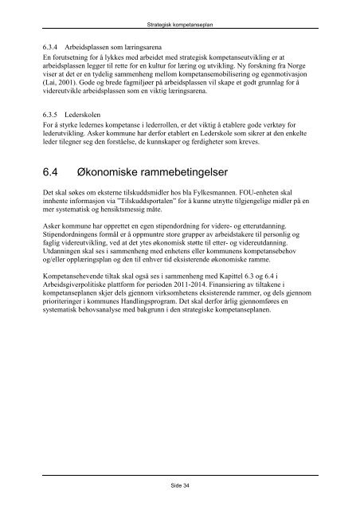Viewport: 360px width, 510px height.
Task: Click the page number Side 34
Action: click(180, 483)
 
